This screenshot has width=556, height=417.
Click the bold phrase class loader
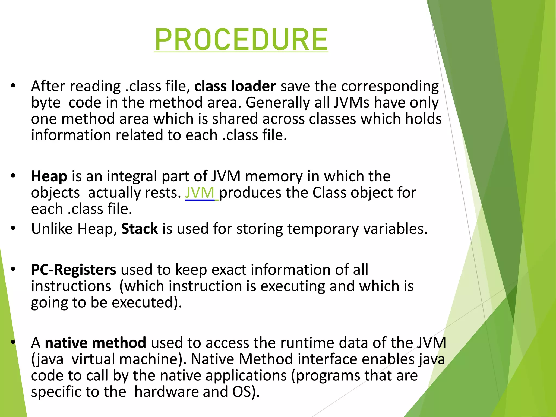pyautogui.click(x=235, y=86)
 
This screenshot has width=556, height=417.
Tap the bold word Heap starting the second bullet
pyautogui.click(x=49, y=176)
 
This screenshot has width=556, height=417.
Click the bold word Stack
pyautogui.click(x=140, y=229)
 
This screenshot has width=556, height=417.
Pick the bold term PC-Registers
pyautogui.click(x=74, y=270)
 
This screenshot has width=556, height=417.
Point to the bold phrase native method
pyautogui.click(x=96, y=343)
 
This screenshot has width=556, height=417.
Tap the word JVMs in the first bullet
pyautogui.click(x=352, y=103)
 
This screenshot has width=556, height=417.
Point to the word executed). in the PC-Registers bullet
pyautogui.click(x=147, y=302)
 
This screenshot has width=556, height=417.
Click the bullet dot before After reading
pyautogui.click(x=13, y=86)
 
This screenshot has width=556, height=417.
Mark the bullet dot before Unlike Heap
pyautogui.click(x=13, y=229)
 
